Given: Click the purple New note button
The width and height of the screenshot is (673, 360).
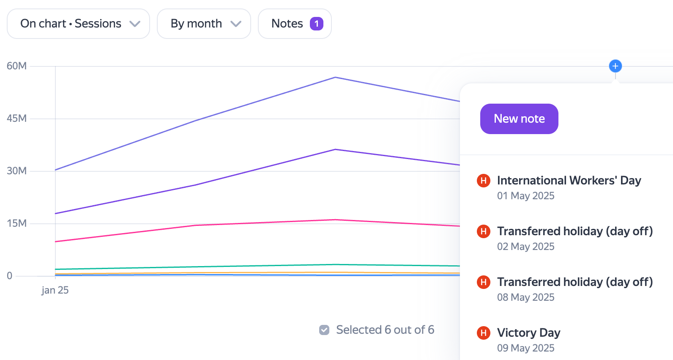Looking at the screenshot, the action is [x=519, y=119].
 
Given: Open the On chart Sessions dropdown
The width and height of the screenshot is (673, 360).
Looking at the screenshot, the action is [x=78, y=23].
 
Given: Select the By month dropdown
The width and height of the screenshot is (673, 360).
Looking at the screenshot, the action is [x=204, y=23].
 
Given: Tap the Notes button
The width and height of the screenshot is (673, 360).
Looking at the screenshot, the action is [x=295, y=23].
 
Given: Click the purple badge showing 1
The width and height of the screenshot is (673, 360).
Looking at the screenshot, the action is [x=316, y=24].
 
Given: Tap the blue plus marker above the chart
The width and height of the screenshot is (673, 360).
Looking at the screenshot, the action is [x=616, y=66].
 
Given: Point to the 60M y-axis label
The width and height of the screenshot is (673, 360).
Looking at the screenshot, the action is [x=17, y=66].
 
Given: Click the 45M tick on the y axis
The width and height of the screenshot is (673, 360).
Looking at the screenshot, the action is [x=17, y=118].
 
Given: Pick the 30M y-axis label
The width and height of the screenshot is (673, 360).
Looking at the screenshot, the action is [x=17, y=171].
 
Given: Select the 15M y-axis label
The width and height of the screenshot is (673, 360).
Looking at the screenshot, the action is [x=17, y=223].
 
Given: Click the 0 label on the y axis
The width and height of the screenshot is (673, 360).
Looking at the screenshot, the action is [x=10, y=275].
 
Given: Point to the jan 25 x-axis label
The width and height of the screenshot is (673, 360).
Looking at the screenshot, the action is [x=55, y=290].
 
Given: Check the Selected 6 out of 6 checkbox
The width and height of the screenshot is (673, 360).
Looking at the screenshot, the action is [x=324, y=330].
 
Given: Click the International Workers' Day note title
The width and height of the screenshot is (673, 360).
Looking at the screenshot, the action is [x=569, y=181].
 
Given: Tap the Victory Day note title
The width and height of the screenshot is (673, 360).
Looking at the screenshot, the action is [x=529, y=333].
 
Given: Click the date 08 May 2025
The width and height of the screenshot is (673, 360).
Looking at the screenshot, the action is [x=526, y=297].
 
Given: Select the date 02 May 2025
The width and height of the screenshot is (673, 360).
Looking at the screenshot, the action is [x=526, y=246].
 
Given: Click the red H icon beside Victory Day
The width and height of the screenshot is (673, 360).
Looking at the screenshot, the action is [x=484, y=333].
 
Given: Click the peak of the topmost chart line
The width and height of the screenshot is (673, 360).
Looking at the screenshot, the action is [x=335, y=77].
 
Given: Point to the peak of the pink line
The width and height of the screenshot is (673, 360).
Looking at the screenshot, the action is [x=335, y=220].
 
